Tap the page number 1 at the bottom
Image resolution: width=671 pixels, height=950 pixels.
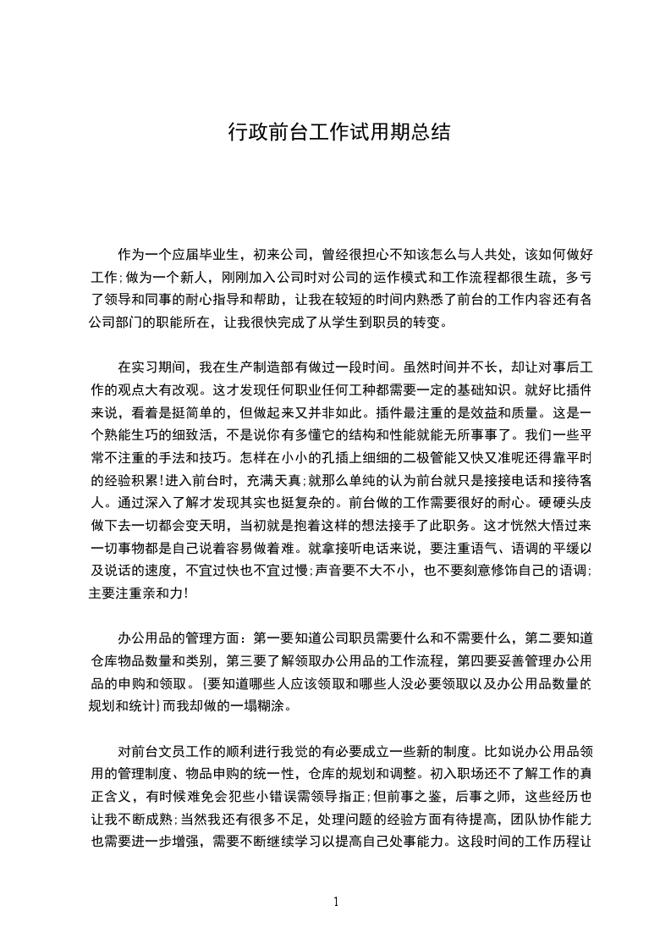336,901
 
